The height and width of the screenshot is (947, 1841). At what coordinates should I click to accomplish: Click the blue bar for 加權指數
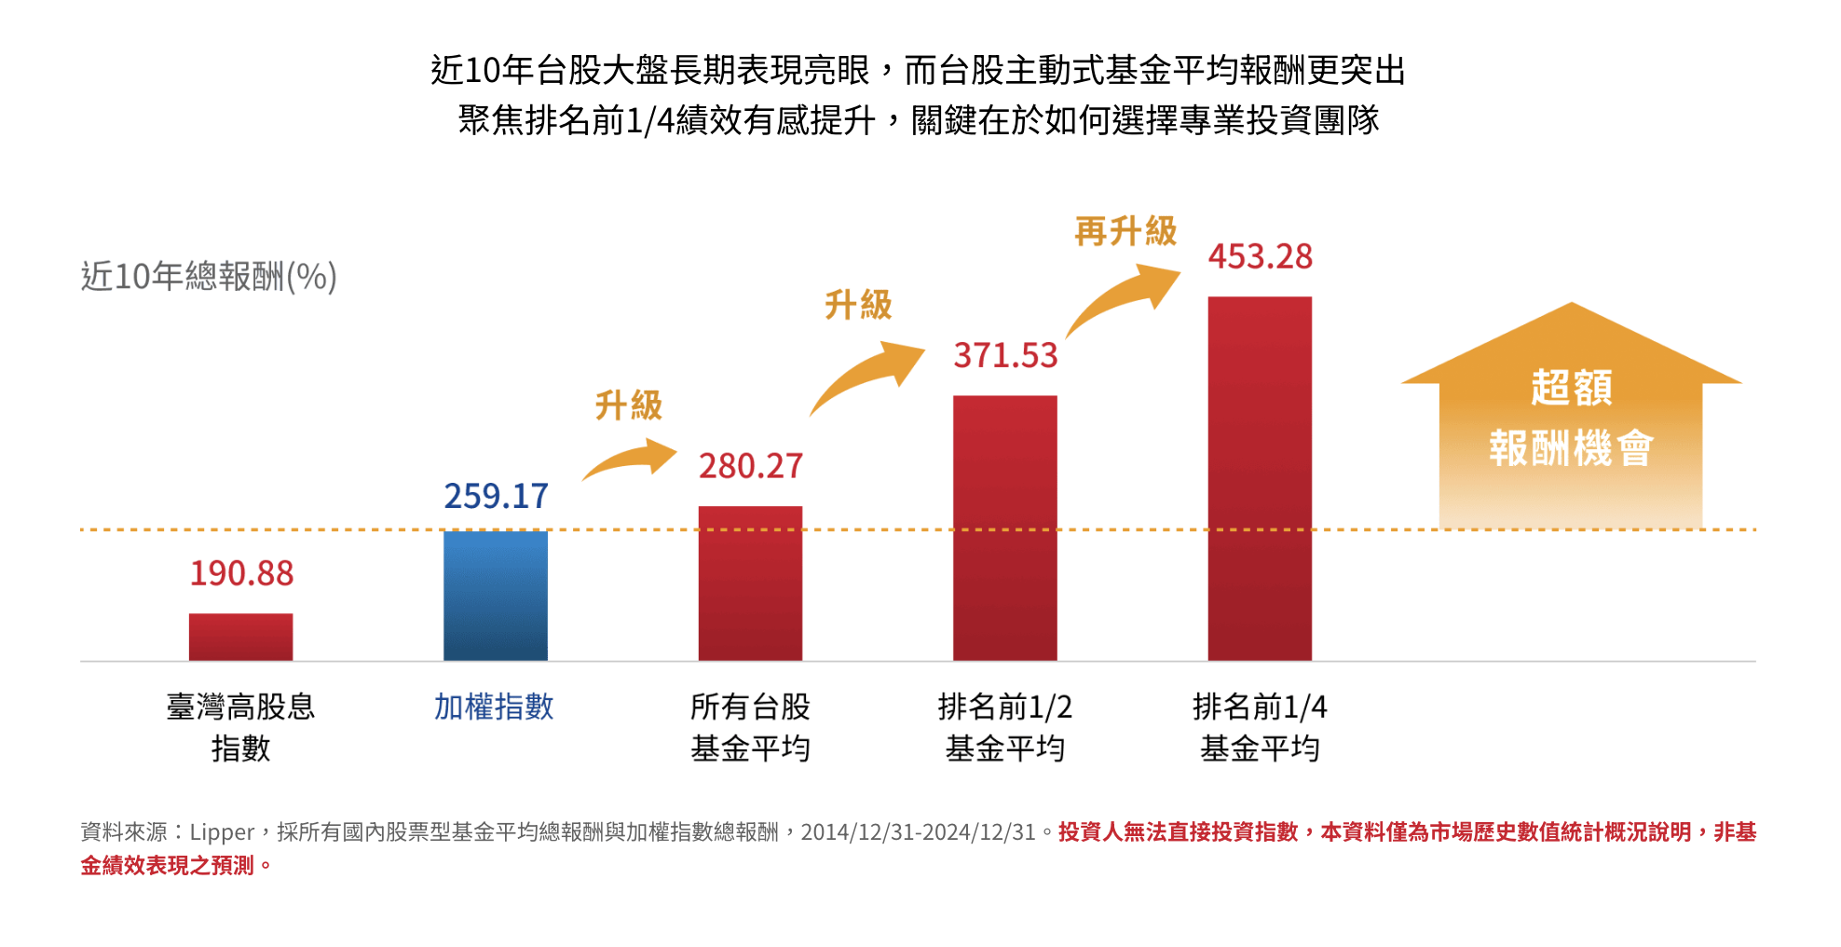(495, 596)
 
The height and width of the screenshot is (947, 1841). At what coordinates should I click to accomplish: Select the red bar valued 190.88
(240, 638)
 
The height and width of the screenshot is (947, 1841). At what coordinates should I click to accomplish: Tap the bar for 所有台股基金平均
(750, 583)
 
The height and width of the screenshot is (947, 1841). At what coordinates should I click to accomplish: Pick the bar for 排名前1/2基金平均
(1004, 528)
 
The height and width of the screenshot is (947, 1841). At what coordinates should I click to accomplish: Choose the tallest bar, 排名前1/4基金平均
(1260, 478)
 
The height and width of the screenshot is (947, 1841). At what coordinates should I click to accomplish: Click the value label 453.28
(1260, 256)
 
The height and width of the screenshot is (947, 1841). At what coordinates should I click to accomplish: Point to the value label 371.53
(1005, 355)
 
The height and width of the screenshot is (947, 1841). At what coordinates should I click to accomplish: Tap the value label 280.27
(751, 466)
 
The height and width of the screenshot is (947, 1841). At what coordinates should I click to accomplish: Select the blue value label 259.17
(496, 496)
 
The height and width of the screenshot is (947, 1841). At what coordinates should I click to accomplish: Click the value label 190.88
(241, 573)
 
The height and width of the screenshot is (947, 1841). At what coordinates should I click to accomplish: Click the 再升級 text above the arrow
(1125, 231)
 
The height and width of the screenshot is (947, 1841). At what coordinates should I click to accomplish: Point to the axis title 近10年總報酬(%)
(209, 277)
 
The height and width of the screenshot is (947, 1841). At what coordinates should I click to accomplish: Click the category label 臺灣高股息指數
(240, 727)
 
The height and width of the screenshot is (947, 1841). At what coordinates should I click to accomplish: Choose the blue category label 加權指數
(494, 707)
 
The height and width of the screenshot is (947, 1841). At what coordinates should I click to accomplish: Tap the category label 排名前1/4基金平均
(1260, 727)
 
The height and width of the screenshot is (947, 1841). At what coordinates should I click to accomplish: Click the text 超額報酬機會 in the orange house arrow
(1571, 418)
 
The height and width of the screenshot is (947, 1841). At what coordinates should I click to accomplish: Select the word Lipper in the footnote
(222, 831)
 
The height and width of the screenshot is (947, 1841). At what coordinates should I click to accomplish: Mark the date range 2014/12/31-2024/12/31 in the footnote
(918, 831)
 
